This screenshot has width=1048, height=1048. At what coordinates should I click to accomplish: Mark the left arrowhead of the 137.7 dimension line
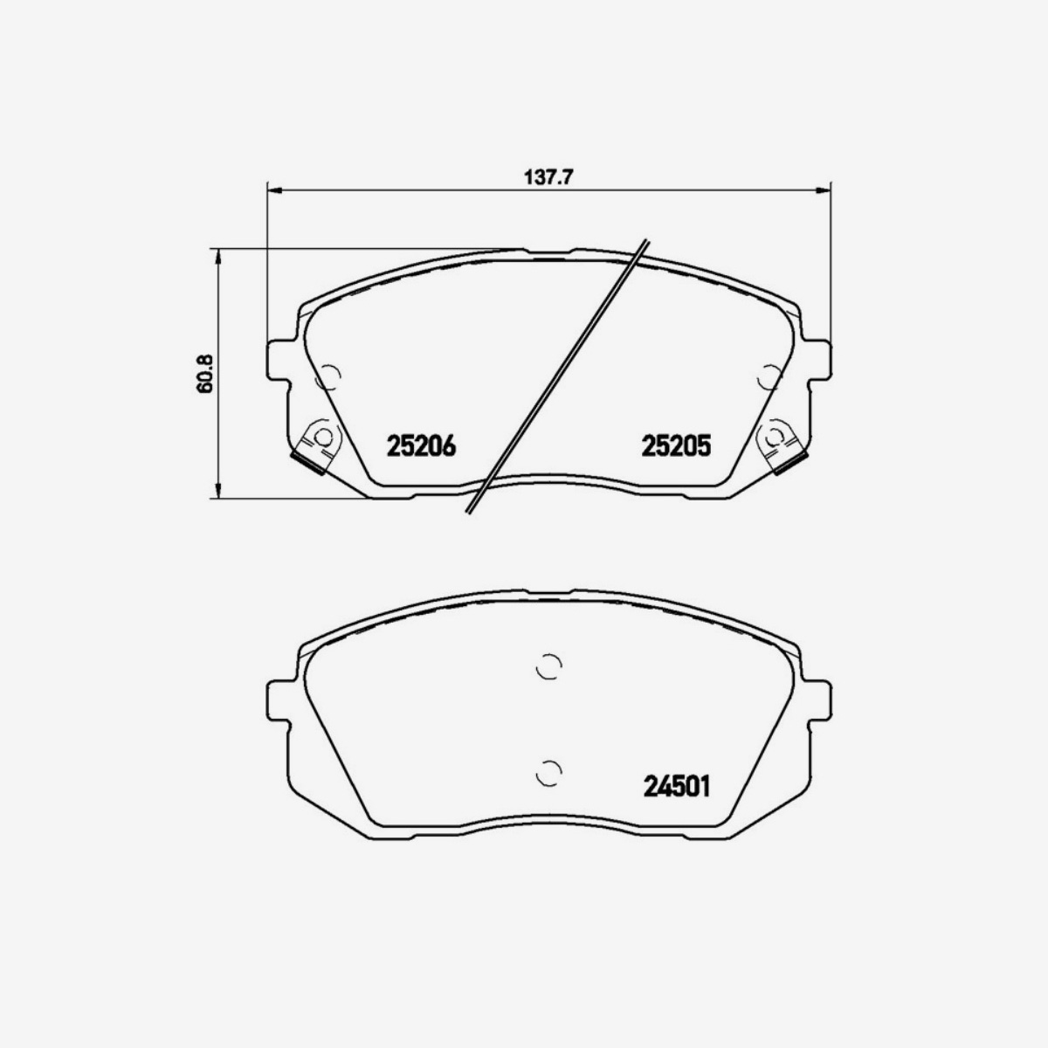coord(272,189)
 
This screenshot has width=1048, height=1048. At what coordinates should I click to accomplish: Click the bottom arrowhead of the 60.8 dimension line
coord(217,493)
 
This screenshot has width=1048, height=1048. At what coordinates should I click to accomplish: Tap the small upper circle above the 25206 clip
coord(329,376)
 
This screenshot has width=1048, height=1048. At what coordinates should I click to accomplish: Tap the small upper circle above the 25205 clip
coord(769,376)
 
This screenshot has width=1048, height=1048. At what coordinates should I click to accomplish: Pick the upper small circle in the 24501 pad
coord(548,666)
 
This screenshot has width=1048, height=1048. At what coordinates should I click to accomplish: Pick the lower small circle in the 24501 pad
coord(548,772)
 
